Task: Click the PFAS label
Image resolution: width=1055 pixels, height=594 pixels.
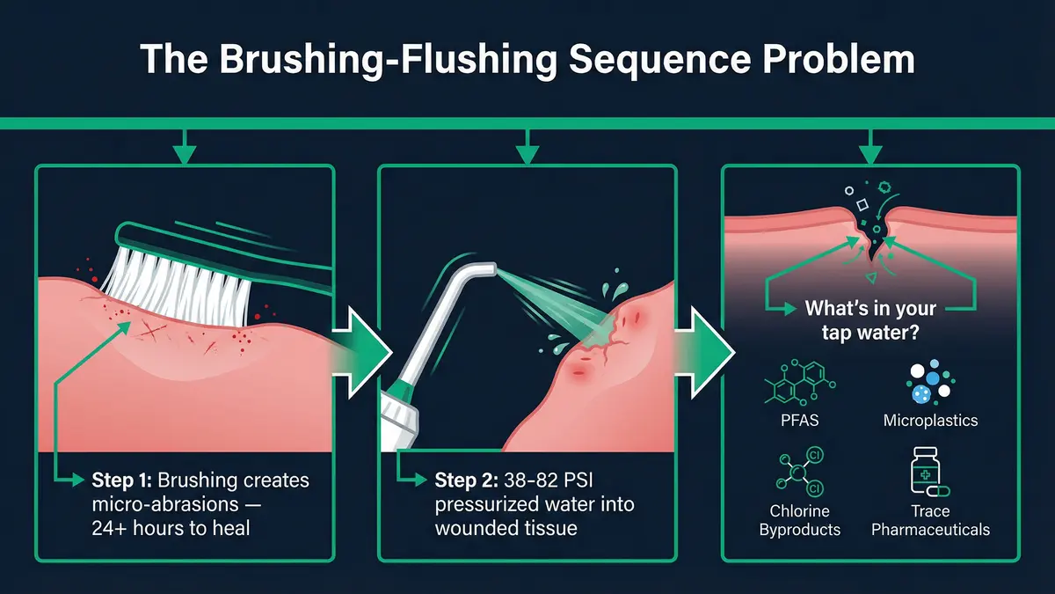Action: [800, 420]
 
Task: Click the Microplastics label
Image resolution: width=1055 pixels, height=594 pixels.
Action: [930, 420]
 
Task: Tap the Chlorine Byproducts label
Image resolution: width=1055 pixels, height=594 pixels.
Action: [800, 520]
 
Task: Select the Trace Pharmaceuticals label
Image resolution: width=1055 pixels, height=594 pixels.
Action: [930, 520]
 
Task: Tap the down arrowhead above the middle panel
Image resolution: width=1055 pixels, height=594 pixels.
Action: [527, 155]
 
